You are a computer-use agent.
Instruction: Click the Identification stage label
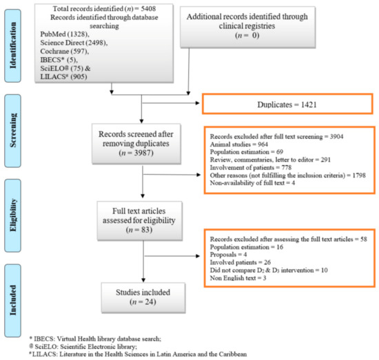(13, 45)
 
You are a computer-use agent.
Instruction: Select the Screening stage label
(13, 130)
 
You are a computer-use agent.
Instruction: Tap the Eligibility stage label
(13, 215)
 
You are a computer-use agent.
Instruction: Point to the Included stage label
(13, 300)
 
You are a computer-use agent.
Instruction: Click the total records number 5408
(148, 9)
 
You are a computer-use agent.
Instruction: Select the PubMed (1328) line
(65, 34)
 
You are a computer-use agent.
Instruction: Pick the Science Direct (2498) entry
(74, 43)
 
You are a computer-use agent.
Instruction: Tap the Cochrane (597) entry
(65, 52)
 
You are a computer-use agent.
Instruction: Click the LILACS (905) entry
(63, 77)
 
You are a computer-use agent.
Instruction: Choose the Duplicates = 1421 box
(287, 104)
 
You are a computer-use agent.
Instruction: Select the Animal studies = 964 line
(239, 145)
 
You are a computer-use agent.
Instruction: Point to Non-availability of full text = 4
(252, 183)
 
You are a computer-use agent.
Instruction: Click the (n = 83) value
(139, 230)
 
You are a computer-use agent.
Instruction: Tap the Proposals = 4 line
(228, 255)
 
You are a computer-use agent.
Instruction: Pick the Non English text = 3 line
(238, 278)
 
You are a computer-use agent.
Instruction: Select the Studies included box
(143, 298)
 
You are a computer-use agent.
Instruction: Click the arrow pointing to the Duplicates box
(171, 103)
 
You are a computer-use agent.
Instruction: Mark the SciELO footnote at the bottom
(83, 346)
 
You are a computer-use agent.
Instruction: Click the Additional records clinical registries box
(248, 27)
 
